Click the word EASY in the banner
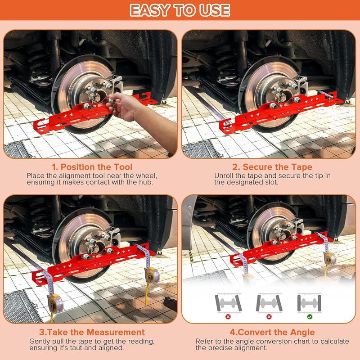tap(150, 10)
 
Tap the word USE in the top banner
tap(215, 10)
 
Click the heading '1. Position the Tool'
tap(92, 167)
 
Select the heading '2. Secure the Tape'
tap(272, 167)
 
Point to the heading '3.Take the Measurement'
tap(92, 332)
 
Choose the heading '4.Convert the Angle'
tap(272, 332)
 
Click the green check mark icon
tap(310, 317)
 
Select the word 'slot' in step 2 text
tap(272, 183)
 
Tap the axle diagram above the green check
tap(309, 303)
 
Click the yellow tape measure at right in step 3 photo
tap(152, 275)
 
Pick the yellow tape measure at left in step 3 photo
tap(55, 303)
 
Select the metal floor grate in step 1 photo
tap(17, 150)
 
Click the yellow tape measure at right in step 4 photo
tap(330, 259)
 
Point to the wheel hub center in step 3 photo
tap(94, 247)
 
